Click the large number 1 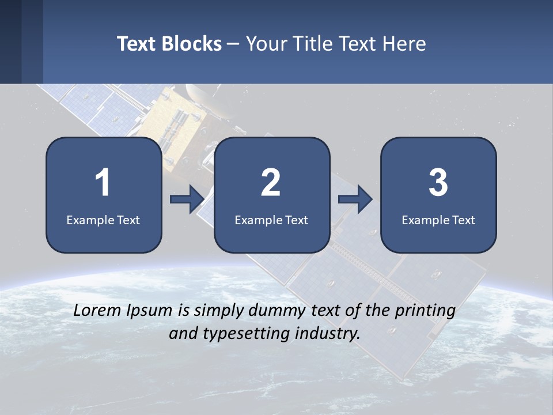[x=103, y=183]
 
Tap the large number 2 [x=271, y=183]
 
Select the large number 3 [x=438, y=183]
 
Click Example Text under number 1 [x=103, y=220]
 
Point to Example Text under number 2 [x=271, y=220]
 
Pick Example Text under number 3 [x=438, y=220]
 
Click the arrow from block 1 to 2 [x=187, y=199]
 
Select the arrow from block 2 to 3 [x=355, y=199]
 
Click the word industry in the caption [x=331, y=333]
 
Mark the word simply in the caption [x=219, y=311]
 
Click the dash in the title [x=233, y=44]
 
